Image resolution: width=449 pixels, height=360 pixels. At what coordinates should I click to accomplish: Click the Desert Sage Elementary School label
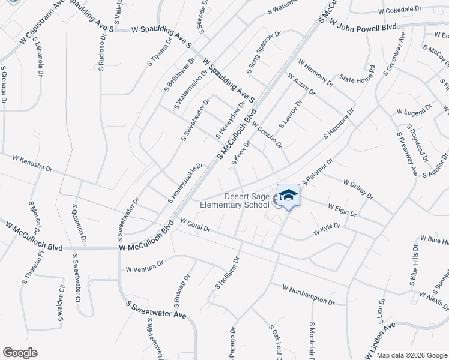click(247, 200)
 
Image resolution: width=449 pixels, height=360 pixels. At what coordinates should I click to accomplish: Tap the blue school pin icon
click(289, 196)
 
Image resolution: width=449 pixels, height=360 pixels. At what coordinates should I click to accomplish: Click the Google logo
click(20, 353)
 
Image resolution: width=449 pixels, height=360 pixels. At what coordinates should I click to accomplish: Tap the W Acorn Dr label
click(301, 85)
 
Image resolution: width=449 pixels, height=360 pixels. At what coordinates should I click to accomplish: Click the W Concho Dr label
click(267, 135)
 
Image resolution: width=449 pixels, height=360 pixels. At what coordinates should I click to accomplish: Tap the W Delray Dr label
click(358, 189)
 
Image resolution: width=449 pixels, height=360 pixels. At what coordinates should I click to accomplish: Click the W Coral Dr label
click(194, 225)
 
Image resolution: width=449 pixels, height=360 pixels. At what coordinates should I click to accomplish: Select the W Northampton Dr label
click(308, 294)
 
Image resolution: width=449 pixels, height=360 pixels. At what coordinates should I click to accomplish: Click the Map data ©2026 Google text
click(411, 355)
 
